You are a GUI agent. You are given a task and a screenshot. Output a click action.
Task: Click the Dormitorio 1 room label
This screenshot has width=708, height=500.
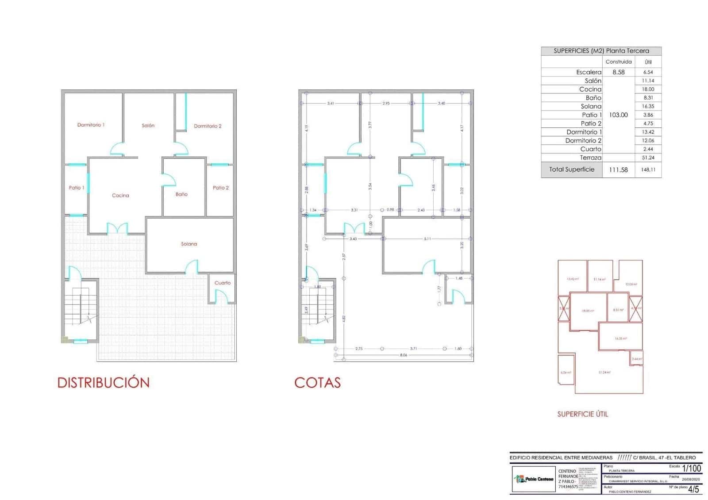coord(91,125)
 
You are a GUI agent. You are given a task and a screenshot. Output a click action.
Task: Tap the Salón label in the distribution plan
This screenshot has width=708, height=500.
coord(148,126)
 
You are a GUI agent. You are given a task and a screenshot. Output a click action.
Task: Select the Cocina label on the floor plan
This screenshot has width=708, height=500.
coord(120,196)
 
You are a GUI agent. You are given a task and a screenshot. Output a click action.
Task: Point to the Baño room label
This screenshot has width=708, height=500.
coord(181,194)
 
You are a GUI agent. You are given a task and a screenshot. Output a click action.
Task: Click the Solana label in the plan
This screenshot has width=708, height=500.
coord(189,244)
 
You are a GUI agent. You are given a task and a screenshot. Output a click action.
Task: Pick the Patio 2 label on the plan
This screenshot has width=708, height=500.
coord(221,188)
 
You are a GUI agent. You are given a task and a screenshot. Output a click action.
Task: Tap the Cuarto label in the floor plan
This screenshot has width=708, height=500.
coord(223,283)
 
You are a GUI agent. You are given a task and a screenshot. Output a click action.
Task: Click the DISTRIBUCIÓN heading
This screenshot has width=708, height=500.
coord(104,383)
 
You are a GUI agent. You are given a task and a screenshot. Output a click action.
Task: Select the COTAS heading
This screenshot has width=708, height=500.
coord(317,383)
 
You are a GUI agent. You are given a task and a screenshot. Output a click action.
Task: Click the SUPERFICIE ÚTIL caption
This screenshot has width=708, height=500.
coord(582,414)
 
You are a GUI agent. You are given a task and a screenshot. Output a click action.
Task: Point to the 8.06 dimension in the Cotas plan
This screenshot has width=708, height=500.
coord(404,355)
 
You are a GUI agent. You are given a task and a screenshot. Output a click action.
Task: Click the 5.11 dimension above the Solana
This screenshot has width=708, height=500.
coord(427,239)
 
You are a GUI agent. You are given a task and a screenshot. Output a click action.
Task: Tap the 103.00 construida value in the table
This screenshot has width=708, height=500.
coord(618,115)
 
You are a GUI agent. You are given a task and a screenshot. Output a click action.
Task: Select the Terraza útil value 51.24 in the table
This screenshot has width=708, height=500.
coord(648,158)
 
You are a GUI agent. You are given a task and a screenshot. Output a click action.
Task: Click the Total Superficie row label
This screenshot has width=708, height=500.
coord(572,169)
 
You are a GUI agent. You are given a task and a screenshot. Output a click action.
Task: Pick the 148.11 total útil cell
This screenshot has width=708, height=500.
coord(648,169)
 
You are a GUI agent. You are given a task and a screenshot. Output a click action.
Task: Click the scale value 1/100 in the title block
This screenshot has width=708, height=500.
coord(691,468)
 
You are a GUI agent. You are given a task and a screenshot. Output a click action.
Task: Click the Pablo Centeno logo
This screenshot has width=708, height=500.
coord(533,479)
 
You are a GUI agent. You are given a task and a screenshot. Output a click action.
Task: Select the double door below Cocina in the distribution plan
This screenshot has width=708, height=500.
coord(117,229)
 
